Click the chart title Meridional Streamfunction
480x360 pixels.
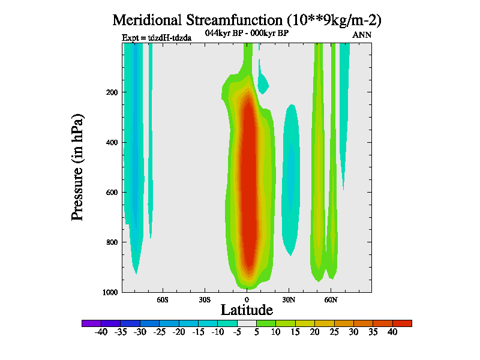[x=247, y=20]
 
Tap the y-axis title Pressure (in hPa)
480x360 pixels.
[x=77, y=166]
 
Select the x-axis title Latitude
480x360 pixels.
[x=247, y=310]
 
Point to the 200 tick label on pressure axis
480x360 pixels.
[x=110, y=92]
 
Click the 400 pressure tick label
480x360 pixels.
[x=110, y=142]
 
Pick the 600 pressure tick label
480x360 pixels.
[x=110, y=193]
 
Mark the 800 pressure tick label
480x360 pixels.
[x=110, y=242]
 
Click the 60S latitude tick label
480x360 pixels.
[x=163, y=299]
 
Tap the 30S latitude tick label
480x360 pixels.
[x=205, y=299]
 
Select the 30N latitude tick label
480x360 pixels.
[x=289, y=299]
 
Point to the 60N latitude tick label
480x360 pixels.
[x=331, y=299]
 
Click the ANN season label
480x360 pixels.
[x=362, y=35]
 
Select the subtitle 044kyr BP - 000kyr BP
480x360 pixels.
[x=247, y=34]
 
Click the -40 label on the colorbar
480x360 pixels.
[x=101, y=332]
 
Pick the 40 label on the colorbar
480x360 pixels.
[x=392, y=332]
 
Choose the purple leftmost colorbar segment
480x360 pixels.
[x=91, y=323]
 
